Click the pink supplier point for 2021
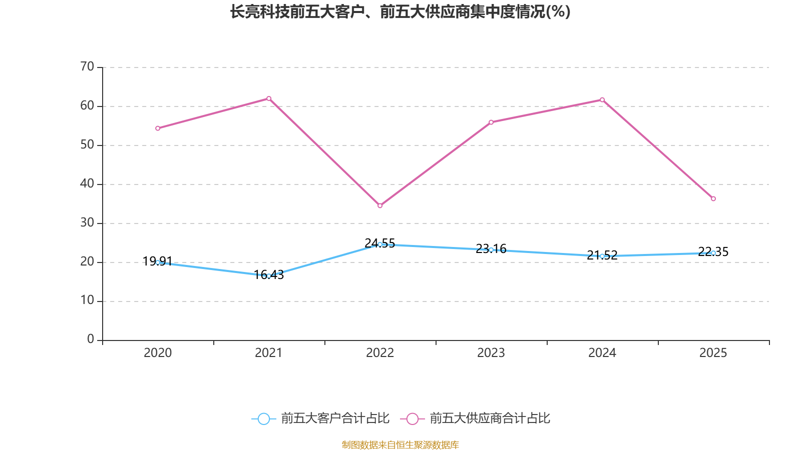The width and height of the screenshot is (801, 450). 269,98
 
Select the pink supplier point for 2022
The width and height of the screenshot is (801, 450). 380,205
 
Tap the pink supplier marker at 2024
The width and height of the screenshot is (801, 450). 602,99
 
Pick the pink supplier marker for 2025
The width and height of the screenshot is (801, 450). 713,199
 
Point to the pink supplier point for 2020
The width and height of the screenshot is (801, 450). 158,128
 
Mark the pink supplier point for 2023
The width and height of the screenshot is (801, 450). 491,122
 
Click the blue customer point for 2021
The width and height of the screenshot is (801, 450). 269,276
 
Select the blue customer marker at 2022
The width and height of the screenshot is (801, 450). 380,244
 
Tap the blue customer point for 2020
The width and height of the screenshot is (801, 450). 158,262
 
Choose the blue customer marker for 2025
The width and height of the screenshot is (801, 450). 713,253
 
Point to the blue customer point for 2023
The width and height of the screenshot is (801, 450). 491,249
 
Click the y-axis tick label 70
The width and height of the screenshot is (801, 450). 87,66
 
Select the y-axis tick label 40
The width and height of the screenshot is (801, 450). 87,183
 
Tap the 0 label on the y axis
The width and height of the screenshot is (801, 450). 91,339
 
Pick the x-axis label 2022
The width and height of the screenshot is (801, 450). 380,353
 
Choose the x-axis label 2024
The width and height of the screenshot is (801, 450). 602,353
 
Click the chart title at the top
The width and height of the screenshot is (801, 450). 400,11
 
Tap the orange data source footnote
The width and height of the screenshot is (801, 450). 400,444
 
